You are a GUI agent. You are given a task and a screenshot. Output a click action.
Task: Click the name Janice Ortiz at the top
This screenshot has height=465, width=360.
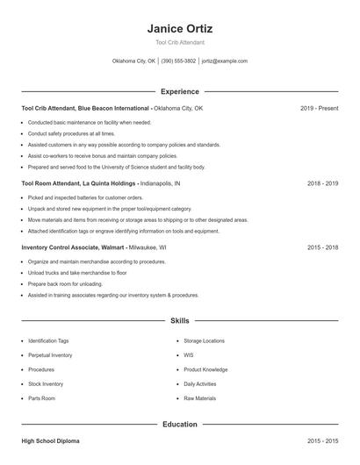(179, 28)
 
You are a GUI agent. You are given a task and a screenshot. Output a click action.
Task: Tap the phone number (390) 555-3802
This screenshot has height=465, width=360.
(178, 61)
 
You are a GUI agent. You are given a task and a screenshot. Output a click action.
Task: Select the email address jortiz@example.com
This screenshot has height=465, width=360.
(224, 61)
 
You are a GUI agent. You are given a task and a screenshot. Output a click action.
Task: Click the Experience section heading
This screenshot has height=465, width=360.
(179, 91)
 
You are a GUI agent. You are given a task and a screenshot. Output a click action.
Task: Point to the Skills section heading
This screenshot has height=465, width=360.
(179, 321)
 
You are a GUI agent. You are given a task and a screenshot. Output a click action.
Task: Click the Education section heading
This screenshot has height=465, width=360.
(179, 425)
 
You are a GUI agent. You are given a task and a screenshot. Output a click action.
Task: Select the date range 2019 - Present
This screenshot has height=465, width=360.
(319, 108)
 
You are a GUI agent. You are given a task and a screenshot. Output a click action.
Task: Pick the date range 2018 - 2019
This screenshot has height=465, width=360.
(322, 184)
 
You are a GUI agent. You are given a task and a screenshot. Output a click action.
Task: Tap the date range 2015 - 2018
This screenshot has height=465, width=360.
(322, 247)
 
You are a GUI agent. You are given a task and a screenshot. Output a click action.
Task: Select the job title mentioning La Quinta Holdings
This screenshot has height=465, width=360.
(78, 184)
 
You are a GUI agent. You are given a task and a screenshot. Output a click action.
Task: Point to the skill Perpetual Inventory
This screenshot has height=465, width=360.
(50, 355)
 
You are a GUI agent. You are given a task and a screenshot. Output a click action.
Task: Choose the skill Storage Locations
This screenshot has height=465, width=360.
(204, 340)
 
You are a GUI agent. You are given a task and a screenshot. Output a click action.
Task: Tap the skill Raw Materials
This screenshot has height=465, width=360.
(199, 398)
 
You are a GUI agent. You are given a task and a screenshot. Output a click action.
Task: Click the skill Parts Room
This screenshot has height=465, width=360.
(41, 398)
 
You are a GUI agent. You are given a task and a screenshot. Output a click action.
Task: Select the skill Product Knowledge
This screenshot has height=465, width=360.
(205, 369)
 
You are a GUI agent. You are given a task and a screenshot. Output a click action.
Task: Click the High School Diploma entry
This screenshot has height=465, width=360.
(54, 440)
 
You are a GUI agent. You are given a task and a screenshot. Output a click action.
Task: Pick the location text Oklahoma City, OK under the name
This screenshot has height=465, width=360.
(134, 61)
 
